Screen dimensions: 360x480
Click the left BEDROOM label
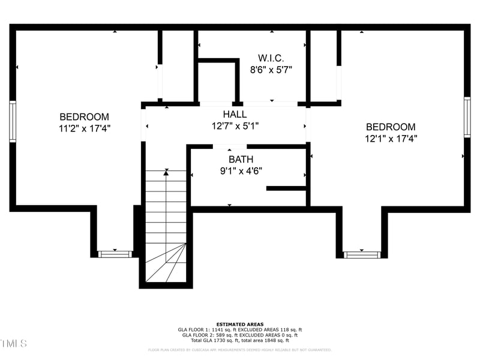(84, 117)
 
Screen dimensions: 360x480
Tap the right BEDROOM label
(391, 127)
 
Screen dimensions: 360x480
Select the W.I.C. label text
(271, 58)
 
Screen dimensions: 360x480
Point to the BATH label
(241, 160)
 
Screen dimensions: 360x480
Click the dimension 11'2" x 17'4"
(84, 128)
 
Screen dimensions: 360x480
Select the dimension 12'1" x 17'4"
(391, 138)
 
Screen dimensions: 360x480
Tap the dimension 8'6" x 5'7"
(271, 69)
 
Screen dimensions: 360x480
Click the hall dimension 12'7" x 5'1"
(235, 125)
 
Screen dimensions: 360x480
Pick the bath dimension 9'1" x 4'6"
(241, 170)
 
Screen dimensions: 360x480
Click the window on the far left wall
(13, 121)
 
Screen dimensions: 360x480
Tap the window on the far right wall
(467, 117)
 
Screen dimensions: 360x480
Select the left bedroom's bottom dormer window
(115, 254)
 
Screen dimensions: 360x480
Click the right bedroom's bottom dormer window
(362, 254)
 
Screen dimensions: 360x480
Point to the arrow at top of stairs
(166, 172)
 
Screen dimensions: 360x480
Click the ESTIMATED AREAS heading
(240, 324)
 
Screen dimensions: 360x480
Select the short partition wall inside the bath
(286, 188)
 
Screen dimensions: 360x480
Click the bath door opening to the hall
(230, 146)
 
